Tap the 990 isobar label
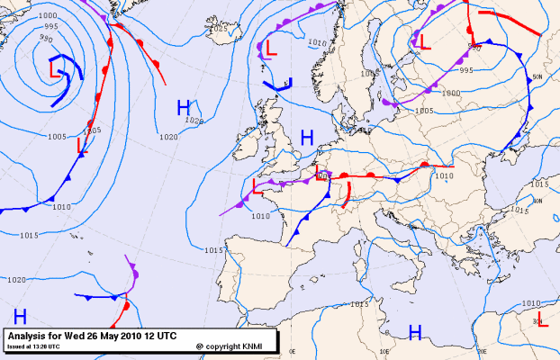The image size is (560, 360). pyautogui.click(x=46, y=40)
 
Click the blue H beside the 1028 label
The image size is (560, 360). pyautogui.click(x=184, y=107)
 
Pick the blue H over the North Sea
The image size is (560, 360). pyautogui.click(x=307, y=138)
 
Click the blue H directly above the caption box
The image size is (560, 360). pyautogui.click(x=20, y=316)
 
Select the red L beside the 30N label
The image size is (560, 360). pyautogui.click(x=542, y=322)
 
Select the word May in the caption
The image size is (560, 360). pyautogui.click(x=116, y=337)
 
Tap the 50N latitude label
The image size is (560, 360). pyautogui.click(x=537, y=77)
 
